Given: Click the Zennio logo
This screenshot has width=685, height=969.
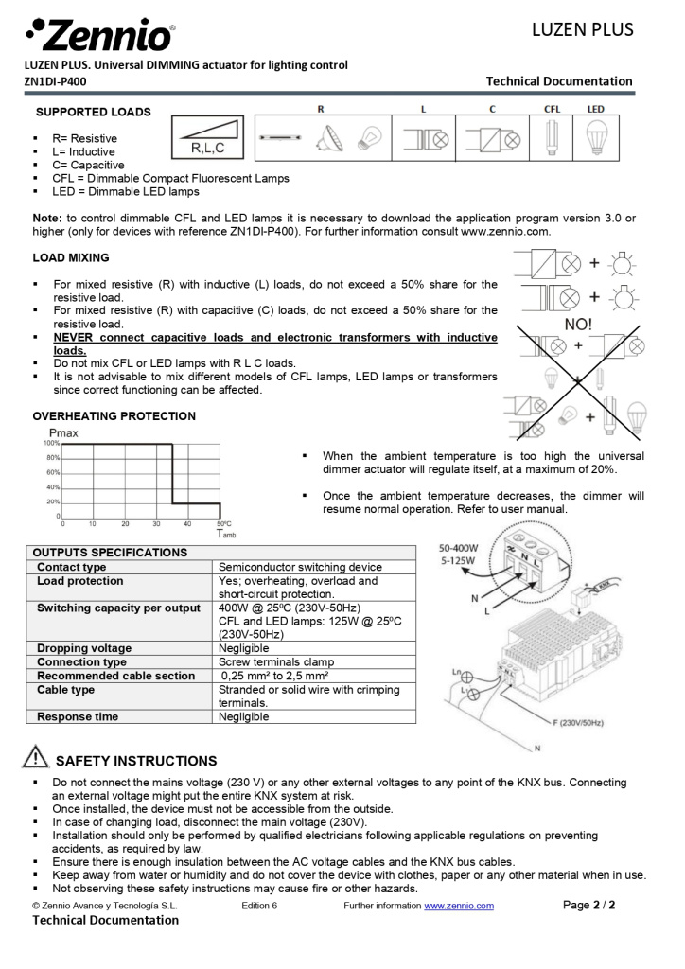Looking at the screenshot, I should pyautogui.click(x=99, y=35).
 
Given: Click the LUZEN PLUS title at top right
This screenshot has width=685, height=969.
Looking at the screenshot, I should pyautogui.click(x=582, y=29).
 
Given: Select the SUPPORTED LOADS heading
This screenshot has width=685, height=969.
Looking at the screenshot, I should pyautogui.click(x=93, y=112).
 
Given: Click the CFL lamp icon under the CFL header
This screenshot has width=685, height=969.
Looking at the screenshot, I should pyautogui.click(x=552, y=138).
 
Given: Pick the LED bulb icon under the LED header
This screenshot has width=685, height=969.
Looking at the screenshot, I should pyautogui.click(x=596, y=138).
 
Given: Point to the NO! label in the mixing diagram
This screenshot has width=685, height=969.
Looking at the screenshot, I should pyautogui.click(x=578, y=324).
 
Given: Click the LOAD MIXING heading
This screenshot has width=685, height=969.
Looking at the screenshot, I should pyautogui.click(x=70, y=257).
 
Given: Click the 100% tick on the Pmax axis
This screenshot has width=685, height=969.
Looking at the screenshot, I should pyautogui.click(x=51, y=443).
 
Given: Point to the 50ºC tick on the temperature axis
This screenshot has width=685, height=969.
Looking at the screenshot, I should pyautogui.click(x=223, y=523).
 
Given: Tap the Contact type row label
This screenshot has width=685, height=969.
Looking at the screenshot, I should pyautogui.click(x=72, y=567).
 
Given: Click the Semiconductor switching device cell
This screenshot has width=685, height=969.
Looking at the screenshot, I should pyautogui.click(x=300, y=567).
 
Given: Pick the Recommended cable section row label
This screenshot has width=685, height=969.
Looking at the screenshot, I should pyautogui.click(x=116, y=676).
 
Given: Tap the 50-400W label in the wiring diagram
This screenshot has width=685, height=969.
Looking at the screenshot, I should pyautogui.click(x=461, y=548).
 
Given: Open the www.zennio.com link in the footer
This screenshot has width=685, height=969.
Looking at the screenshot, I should pyautogui.click(x=459, y=906).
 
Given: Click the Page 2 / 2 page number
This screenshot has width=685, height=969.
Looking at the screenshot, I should pyautogui.click(x=588, y=905).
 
